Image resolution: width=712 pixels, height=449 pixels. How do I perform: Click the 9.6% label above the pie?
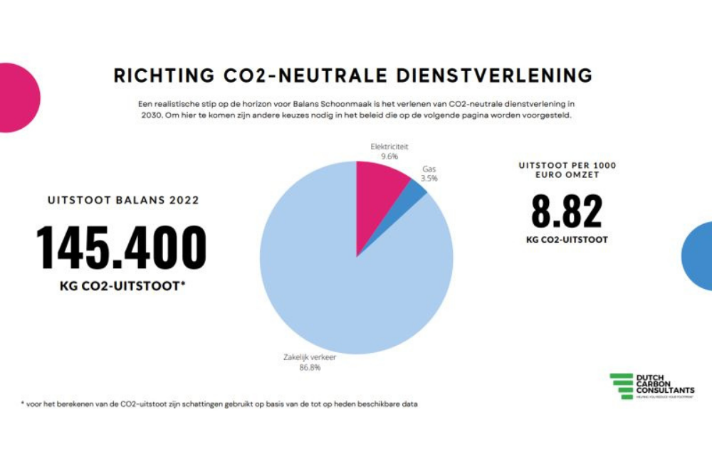click(x=389, y=156)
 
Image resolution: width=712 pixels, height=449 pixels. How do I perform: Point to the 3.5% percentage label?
click(x=429, y=179)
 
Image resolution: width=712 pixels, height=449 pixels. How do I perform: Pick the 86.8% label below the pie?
click(x=310, y=367)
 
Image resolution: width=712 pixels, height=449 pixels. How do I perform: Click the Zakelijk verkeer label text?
click(x=310, y=358)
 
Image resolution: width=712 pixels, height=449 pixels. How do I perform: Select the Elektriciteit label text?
click(x=389, y=147)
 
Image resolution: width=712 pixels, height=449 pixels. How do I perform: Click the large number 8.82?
click(x=567, y=211)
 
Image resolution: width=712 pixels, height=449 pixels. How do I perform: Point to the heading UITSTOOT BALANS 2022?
click(x=123, y=201)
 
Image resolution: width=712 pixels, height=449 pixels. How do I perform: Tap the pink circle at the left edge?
click(x=16, y=97)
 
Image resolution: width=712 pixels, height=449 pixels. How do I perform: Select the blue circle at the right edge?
click(x=698, y=255)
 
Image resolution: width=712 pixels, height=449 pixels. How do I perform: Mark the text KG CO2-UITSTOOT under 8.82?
click(x=567, y=240)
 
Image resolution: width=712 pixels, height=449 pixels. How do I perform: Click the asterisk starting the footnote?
click(x=22, y=403)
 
